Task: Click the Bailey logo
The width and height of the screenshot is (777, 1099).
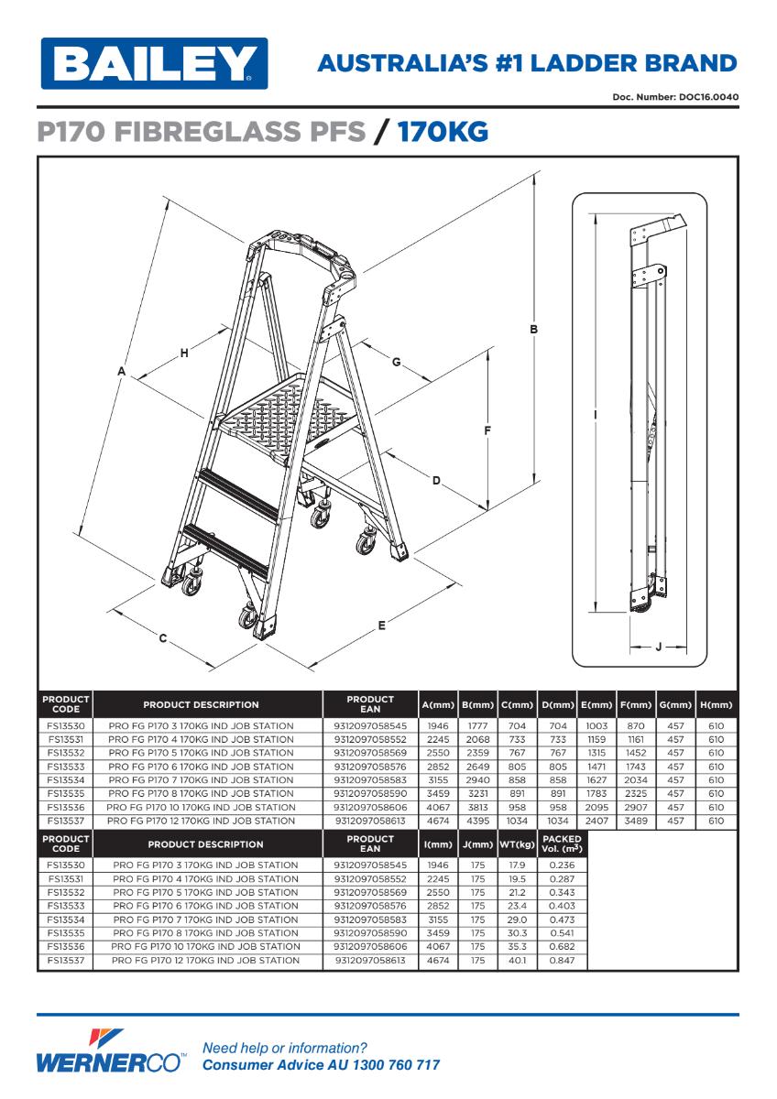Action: point(152,63)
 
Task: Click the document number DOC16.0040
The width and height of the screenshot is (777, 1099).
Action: point(706,97)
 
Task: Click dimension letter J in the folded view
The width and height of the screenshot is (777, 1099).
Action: point(658,647)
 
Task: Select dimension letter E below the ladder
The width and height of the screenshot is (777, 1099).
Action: point(381,626)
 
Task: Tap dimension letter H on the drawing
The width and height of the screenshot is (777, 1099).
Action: point(184,353)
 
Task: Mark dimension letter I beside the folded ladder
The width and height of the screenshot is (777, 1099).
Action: point(596,415)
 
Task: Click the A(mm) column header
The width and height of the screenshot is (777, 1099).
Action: point(438,705)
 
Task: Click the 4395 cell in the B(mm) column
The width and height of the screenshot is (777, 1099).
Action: point(477,822)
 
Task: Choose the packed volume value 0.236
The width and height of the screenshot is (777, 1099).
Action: point(562,865)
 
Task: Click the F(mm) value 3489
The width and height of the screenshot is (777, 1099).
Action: point(636,822)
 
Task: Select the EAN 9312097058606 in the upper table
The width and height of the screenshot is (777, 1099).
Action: point(370,808)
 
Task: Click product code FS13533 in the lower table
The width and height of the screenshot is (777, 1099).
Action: point(65,906)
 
